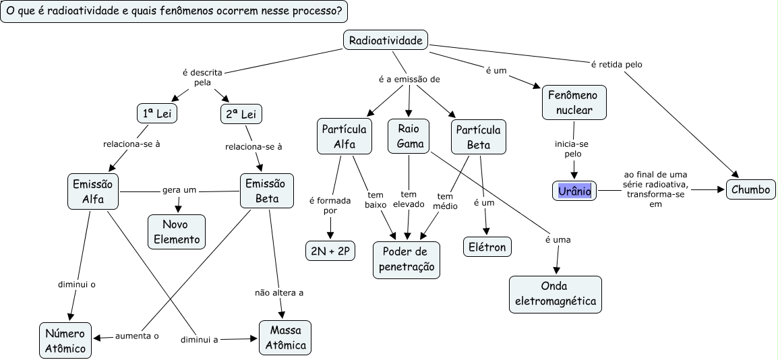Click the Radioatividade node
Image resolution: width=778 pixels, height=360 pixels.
click(x=386, y=40)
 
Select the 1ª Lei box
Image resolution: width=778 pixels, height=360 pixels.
click(x=156, y=114)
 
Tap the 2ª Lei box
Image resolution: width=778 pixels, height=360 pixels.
click(x=241, y=114)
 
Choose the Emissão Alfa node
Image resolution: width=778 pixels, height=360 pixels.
click(x=93, y=191)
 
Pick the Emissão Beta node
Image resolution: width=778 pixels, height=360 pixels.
click(x=267, y=191)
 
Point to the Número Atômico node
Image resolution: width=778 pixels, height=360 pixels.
click(x=65, y=340)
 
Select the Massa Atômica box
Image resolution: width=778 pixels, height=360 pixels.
click(x=285, y=338)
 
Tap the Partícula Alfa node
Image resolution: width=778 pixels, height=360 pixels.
click(x=344, y=136)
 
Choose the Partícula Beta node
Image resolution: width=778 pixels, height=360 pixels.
click(x=479, y=136)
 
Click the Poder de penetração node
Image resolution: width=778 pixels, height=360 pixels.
click(x=406, y=260)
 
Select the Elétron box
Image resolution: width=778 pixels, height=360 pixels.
click(x=487, y=247)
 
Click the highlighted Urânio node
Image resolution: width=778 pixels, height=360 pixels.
click(x=574, y=191)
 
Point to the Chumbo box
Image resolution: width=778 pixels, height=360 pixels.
click(x=750, y=190)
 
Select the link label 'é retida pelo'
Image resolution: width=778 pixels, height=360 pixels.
click(x=616, y=65)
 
